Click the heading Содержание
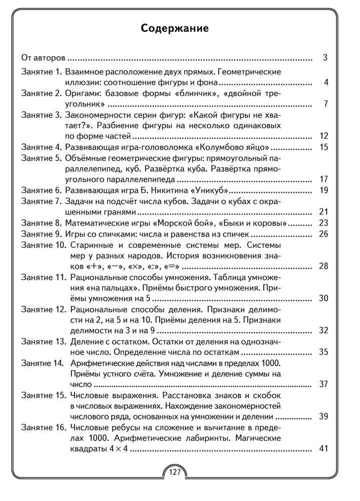[175, 28]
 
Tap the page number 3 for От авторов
[325, 58]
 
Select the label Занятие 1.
[41, 72]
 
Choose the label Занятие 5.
[41, 158]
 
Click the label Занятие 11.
[44, 277]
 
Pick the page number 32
[323, 331]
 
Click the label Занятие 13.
[44, 342]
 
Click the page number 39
[323, 416]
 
